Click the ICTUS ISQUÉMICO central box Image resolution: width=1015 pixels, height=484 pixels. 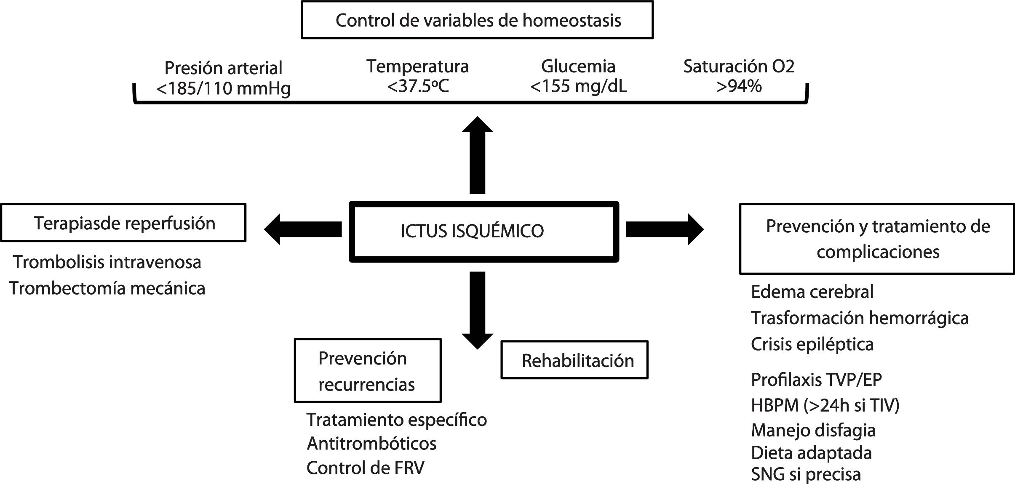click(x=483, y=231)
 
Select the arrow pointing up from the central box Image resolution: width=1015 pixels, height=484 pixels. click(x=477, y=156)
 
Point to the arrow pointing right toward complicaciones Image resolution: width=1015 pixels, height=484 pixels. click(x=665, y=229)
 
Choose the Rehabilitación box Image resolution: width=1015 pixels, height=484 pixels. click(x=574, y=360)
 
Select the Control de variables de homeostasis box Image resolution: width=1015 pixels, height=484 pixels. click(x=477, y=20)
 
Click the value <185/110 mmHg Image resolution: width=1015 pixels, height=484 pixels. click(x=223, y=88)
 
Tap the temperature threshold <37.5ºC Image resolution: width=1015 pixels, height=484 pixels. click(x=418, y=86)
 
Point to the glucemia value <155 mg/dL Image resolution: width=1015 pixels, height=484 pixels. click(x=578, y=86)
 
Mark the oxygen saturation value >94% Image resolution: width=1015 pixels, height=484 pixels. click(x=739, y=86)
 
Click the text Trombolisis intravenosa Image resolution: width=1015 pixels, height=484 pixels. click(x=107, y=262)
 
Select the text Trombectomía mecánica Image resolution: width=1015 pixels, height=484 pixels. click(x=107, y=288)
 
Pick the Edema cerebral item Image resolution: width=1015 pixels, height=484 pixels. click(x=812, y=292)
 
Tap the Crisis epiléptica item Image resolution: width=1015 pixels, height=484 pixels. click(x=812, y=344)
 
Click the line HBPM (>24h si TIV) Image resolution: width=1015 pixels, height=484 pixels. click(x=825, y=405)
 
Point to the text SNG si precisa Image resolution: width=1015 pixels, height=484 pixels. click(x=806, y=474)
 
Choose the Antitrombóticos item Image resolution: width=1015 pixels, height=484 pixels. click(x=371, y=444)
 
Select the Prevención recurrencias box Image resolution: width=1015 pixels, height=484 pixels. click(x=367, y=371)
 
